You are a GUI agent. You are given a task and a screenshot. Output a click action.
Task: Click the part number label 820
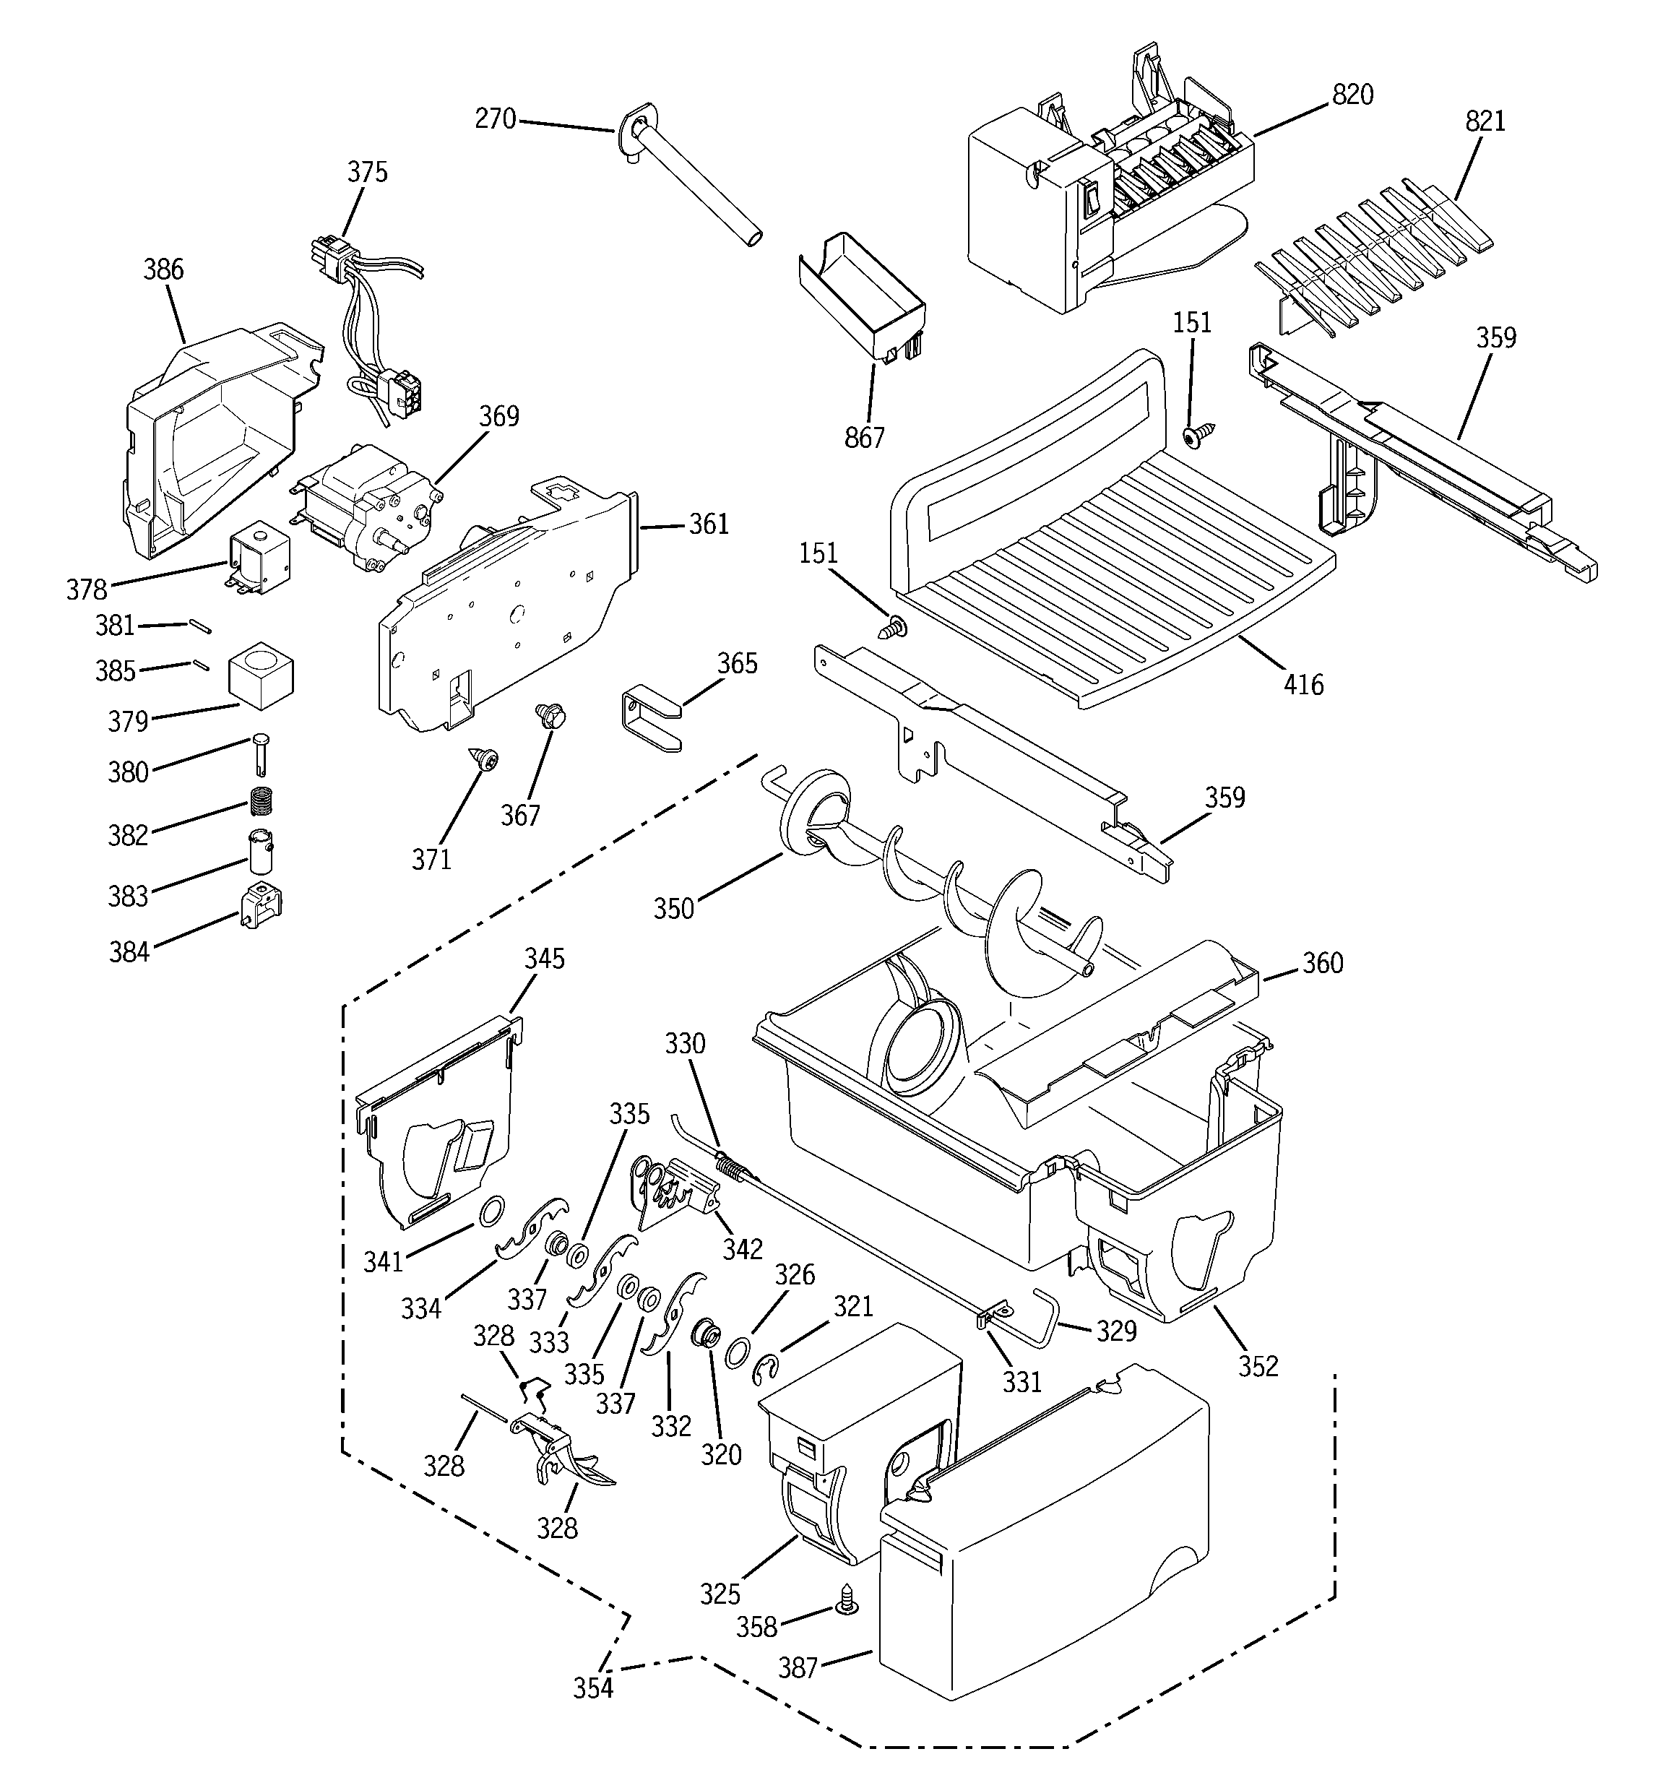[x=1352, y=95]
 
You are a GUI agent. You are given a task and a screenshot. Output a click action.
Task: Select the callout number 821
[x=1485, y=121]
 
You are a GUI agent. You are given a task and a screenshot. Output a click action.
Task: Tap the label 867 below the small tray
[x=865, y=437]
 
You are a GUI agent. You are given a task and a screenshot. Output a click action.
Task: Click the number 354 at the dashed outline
[x=594, y=1688]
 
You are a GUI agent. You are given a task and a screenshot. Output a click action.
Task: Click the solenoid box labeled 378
[x=260, y=559]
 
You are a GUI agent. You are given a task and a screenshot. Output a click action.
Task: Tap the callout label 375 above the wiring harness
[x=368, y=172]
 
